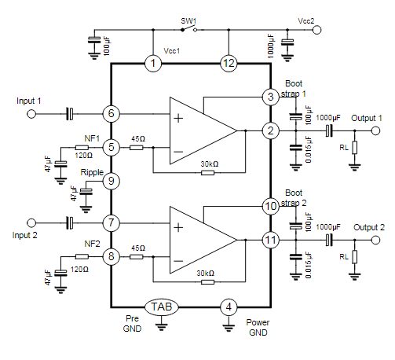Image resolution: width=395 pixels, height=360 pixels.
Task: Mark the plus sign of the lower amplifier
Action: (x=178, y=227)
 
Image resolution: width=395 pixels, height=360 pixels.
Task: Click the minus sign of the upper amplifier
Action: (x=178, y=152)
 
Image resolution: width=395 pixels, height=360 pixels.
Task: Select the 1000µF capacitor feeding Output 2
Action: (x=329, y=240)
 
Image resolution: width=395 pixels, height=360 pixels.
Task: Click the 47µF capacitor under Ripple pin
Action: (x=86, y=192)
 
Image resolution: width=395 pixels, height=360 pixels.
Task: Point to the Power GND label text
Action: (x=258, y=327)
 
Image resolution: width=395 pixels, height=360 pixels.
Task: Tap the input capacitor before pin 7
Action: (x=69, y=223)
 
